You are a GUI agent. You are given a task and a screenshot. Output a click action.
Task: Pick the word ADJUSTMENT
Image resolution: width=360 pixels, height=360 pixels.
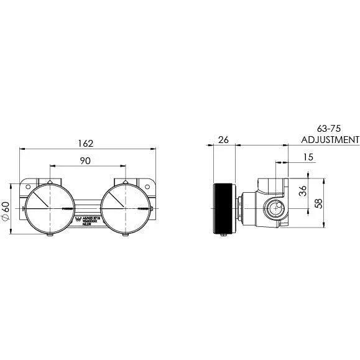pyautogui.click(x=330, y=140)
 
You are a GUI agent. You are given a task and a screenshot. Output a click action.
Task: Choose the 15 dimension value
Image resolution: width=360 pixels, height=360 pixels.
pyautogui.click(x=309, y=157)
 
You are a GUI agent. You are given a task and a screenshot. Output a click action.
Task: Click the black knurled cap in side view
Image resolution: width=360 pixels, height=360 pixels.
pyautogui.click(x=224, y=207)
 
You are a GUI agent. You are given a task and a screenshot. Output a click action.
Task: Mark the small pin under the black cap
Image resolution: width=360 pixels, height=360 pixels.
pyautogui.click(x=224, y=234)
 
